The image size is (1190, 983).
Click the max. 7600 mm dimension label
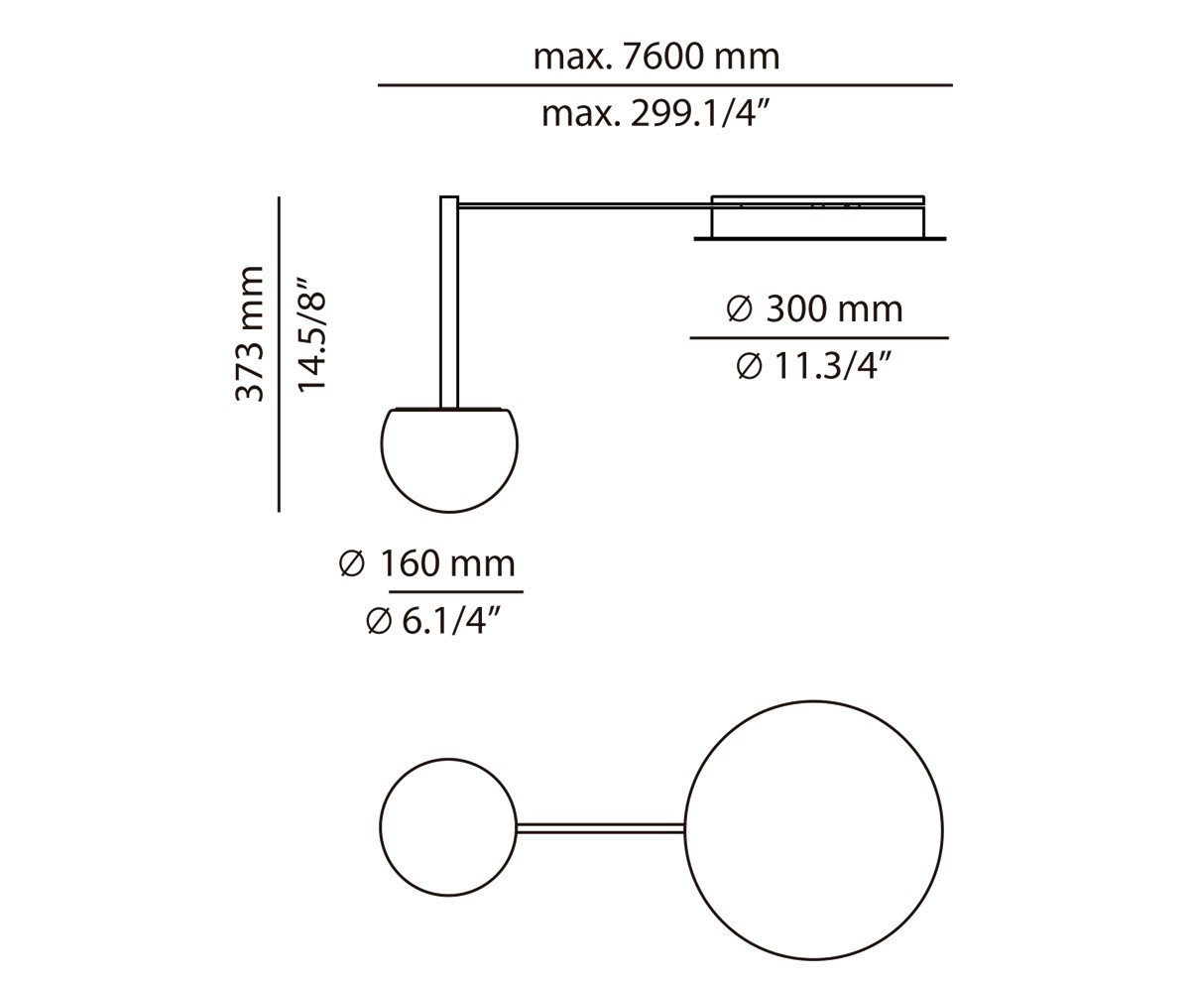[656, 57]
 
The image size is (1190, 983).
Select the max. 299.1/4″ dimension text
[655, 114]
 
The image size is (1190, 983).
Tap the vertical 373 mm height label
[250, 334]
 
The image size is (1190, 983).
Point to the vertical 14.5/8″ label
[311, 334]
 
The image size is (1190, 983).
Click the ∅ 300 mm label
[815, 309]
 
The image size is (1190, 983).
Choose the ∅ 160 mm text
[427, 564]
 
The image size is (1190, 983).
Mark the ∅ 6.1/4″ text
[433, 622]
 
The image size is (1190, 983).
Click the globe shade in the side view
[449, 460]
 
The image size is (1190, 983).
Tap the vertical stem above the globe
[449, 303]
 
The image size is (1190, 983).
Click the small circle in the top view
[448, 827]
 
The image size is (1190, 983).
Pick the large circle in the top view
[813, 830]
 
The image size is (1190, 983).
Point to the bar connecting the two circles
[600, 828]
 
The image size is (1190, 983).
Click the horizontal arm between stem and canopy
[585, 206]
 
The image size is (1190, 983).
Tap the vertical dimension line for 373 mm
[279, 354]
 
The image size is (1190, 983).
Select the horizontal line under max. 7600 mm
[664, 85]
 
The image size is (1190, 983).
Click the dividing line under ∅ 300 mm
[819, 338]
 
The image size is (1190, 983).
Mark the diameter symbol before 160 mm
[352, 564]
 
